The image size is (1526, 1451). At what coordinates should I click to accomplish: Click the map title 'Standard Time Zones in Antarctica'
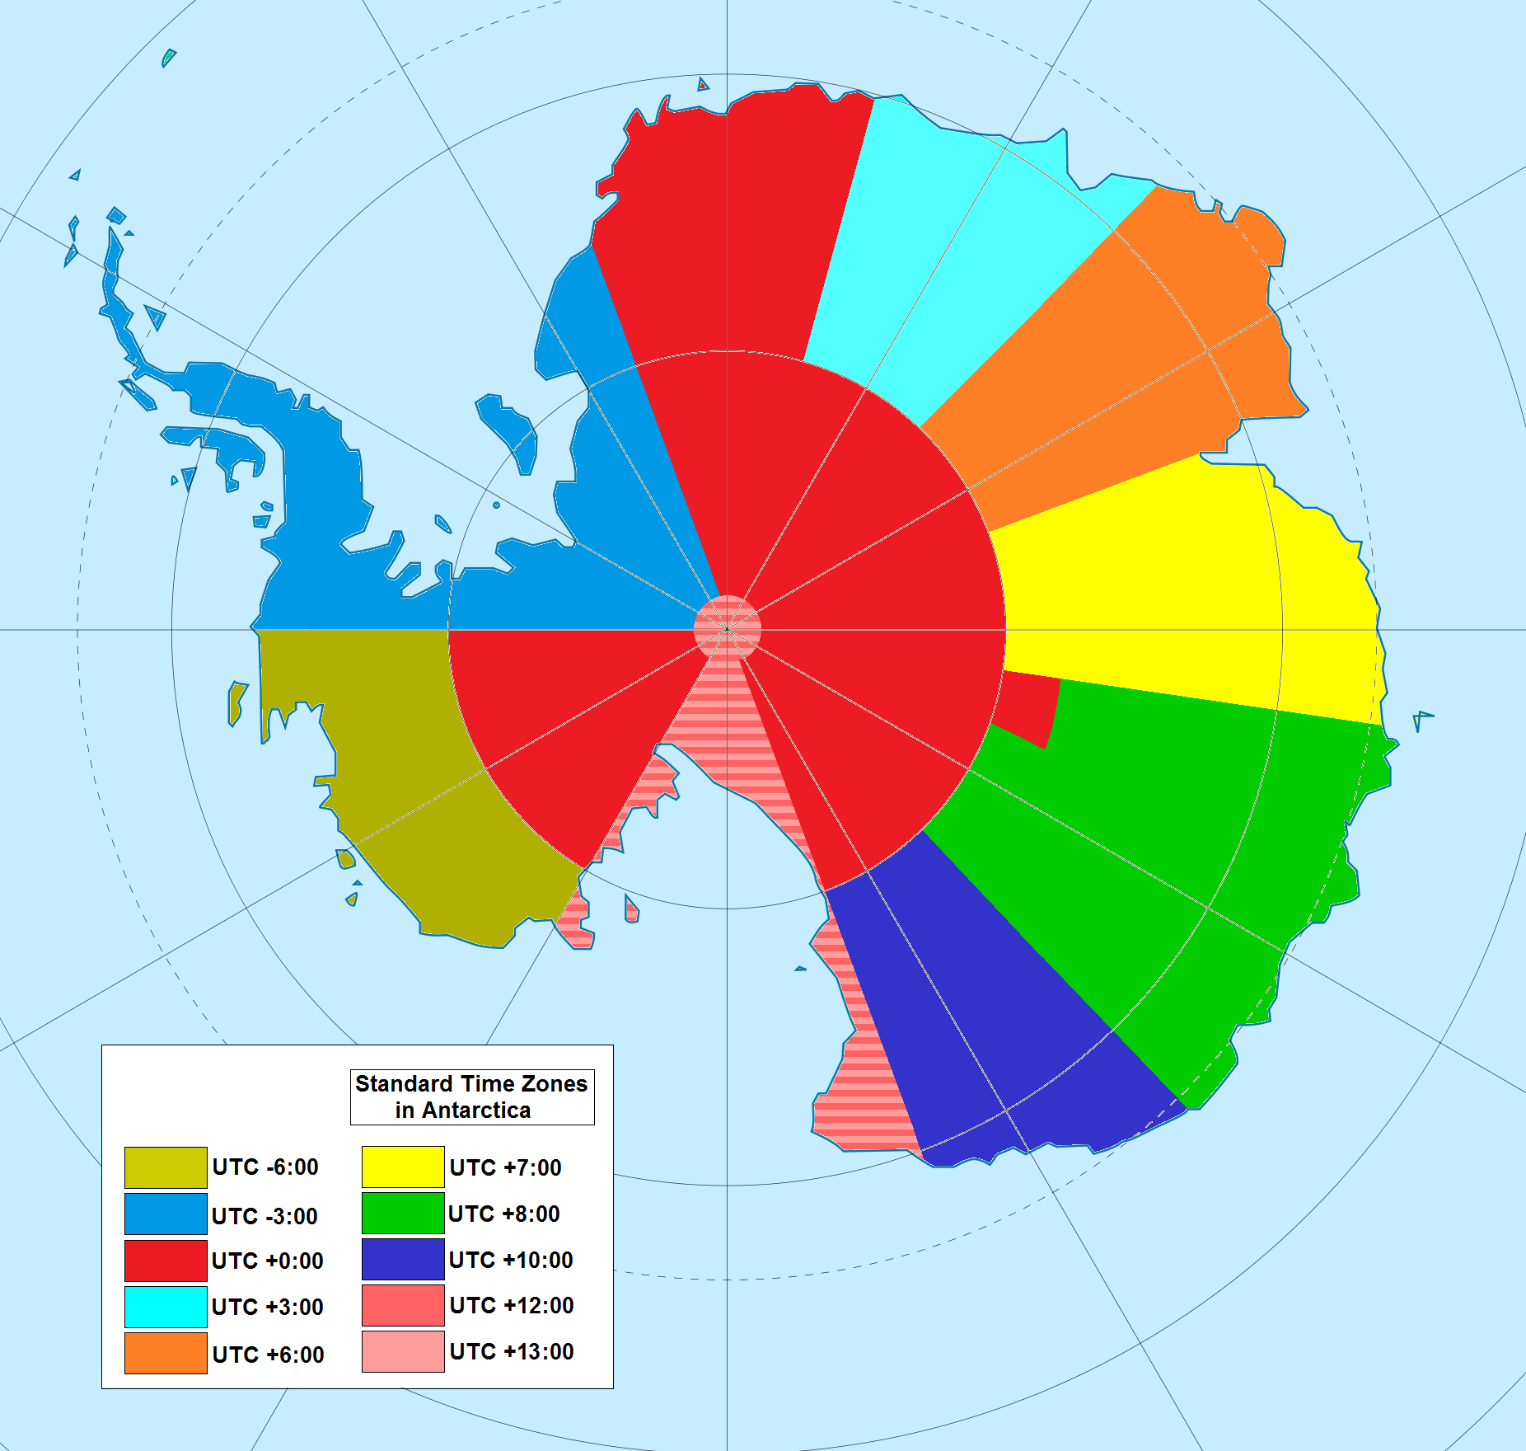471,1096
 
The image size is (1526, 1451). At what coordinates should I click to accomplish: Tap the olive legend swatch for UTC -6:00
166,1167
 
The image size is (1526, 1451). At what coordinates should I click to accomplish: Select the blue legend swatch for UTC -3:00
166,1214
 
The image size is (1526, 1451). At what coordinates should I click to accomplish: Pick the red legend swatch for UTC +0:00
166,1261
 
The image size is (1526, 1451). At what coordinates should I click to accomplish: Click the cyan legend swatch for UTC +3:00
166,1307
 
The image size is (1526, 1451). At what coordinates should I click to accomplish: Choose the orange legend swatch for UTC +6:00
166,1353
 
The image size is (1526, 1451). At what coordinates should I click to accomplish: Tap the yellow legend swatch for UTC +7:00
403,1167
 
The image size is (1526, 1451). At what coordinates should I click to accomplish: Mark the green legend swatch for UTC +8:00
403,1213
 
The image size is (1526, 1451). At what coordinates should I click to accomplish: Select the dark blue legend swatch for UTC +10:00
403,1259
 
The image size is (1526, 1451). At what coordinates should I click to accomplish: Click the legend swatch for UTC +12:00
403,1305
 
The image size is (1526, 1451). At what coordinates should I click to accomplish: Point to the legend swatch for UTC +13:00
403,1351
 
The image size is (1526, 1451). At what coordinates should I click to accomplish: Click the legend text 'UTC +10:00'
511,1260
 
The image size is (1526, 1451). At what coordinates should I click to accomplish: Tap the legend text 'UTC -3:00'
264,1216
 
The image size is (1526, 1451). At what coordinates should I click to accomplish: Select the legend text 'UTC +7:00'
505,1167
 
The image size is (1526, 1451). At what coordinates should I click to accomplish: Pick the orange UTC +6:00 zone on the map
1154,346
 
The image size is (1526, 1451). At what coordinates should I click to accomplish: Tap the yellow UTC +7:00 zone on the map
1178,594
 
